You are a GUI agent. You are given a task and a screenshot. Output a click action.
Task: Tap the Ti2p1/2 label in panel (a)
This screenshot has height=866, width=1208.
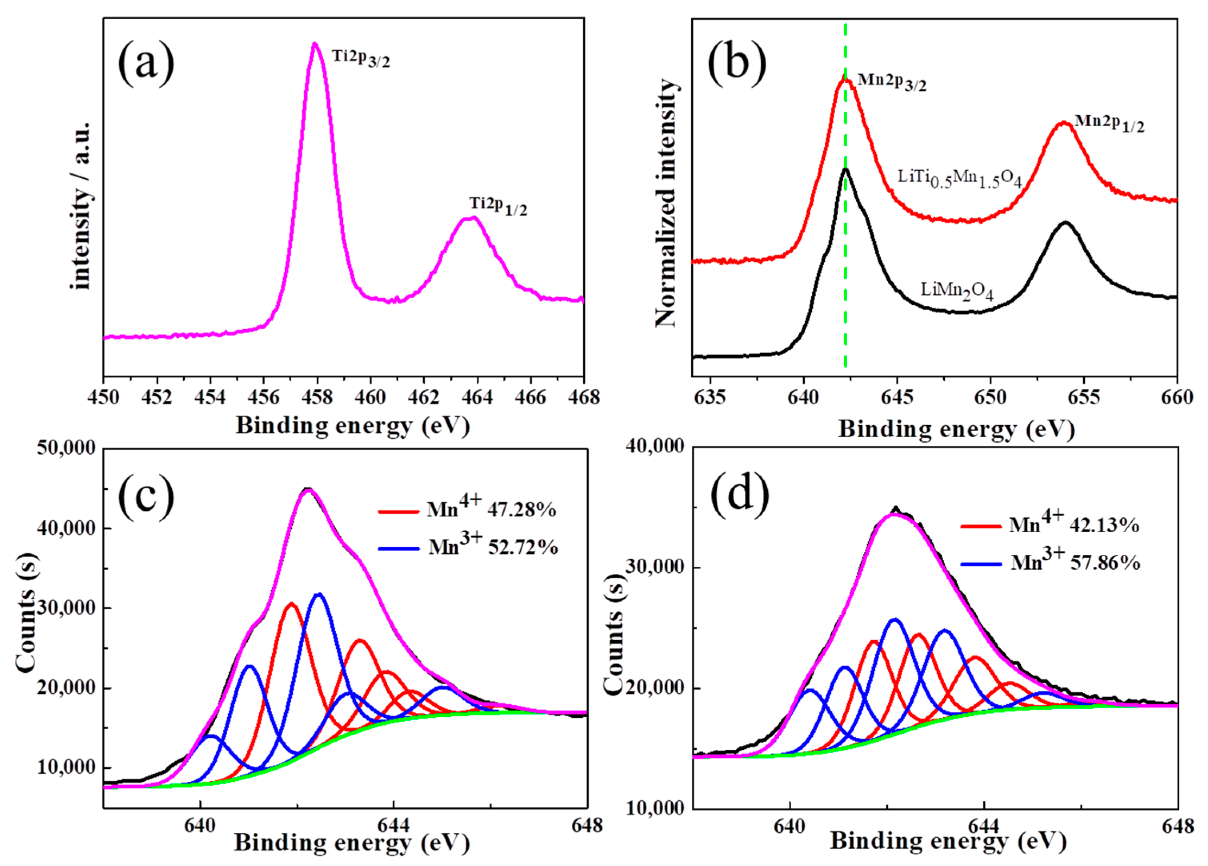click(x=498, y=207)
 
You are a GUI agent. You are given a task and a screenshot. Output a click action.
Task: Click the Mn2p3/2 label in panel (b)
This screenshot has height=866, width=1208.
click(x=892, y=82)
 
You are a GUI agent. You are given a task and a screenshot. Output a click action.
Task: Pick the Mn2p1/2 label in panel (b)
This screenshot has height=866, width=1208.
click(x=1109, y=123)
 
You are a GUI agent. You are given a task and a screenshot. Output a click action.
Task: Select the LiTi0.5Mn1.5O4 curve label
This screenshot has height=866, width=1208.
click(x=959, y=178)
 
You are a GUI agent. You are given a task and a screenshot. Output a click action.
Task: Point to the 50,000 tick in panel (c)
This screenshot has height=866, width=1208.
click(x=66, y=448)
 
